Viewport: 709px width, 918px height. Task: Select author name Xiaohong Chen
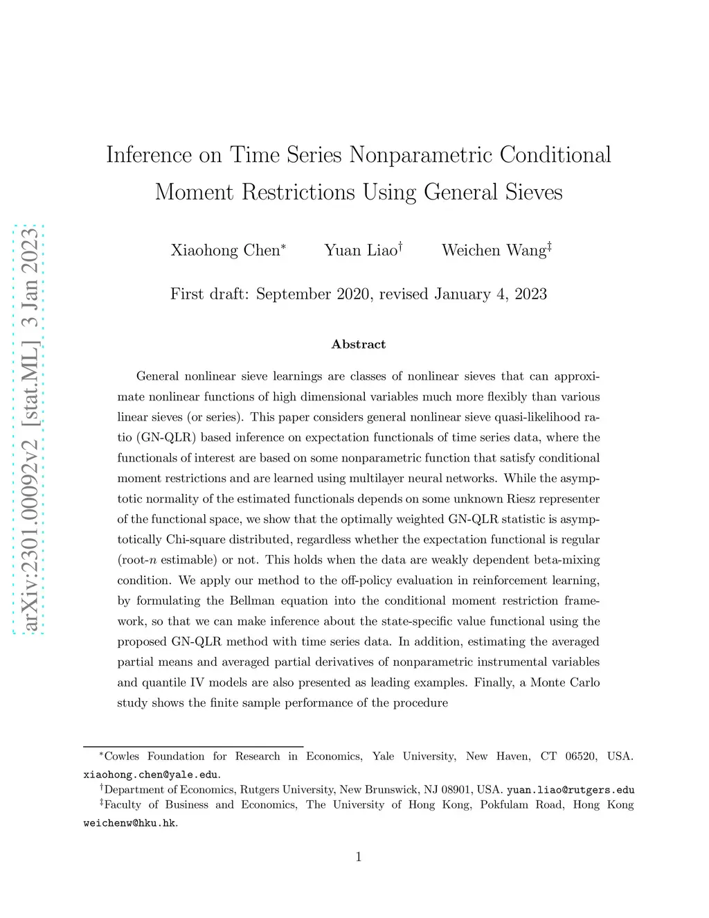225,250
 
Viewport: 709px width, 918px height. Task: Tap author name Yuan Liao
361,250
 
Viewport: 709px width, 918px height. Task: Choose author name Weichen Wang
494,250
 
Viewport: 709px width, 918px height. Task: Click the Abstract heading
359,344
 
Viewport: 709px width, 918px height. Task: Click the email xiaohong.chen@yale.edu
151,775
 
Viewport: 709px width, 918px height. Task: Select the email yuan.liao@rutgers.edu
571,790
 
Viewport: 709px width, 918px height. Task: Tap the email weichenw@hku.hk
129,823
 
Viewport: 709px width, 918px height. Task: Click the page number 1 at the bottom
359,857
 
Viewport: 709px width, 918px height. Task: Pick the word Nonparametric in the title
421,155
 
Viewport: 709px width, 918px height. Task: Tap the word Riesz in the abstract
506,499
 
